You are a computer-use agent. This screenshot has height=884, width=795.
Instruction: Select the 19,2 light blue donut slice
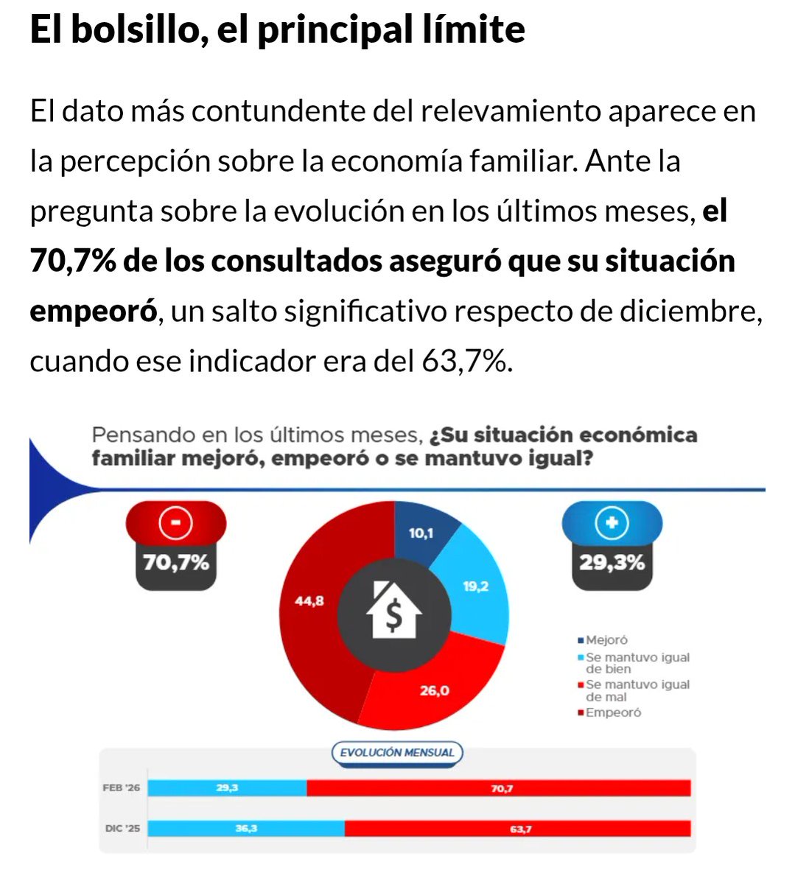[475, 587]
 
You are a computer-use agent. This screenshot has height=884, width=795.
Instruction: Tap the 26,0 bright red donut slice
[434, 690]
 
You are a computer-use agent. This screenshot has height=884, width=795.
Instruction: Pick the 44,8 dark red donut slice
[309, 601]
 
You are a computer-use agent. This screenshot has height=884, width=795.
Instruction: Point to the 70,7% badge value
[176, 563]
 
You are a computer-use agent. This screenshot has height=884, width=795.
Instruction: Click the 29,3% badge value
[612, 563]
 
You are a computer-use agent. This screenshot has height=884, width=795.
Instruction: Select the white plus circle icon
[612, 524]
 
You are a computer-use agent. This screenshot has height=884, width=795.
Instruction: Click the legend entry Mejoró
[606, 640]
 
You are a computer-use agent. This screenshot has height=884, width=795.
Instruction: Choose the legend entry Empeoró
[612, 712]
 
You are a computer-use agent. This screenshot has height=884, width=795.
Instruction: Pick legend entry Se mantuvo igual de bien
[637, 663]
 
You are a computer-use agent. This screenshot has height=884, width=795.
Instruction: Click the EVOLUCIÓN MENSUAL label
[398, 753]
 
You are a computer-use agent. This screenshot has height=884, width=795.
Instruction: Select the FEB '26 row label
[122, 788]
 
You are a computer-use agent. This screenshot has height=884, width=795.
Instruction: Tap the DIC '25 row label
[122, 829]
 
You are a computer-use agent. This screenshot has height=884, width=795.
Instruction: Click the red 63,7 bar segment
[519, 829]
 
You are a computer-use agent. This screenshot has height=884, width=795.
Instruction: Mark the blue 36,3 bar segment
[245, 829]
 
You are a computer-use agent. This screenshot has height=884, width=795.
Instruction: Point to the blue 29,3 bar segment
[227, 788]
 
